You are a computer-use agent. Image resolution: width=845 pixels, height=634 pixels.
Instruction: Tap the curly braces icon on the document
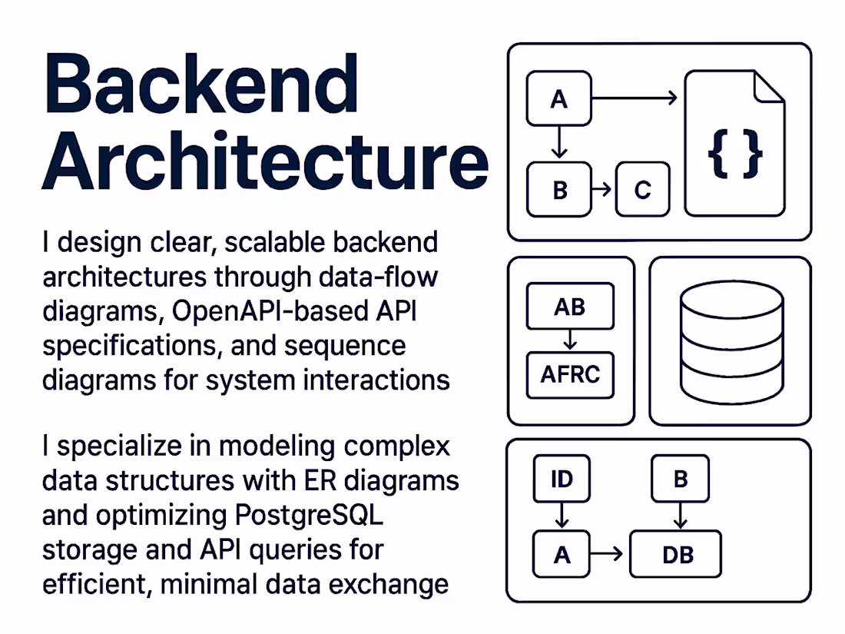(735, 154)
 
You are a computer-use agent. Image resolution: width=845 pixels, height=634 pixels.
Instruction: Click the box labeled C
(642, 190)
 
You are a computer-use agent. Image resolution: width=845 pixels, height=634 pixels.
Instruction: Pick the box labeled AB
(569, 307)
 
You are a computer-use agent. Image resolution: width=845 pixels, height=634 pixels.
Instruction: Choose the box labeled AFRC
(570, 375)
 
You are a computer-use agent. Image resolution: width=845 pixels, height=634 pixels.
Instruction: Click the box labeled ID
(562, 480)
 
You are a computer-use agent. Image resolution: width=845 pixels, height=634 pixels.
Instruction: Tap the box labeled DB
(675, 555)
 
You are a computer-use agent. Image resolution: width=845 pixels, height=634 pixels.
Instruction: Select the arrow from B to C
(603, 190)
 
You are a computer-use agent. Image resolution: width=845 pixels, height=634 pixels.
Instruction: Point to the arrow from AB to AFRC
(569, 340)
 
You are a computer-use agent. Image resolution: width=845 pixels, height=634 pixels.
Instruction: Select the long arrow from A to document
(634, 98)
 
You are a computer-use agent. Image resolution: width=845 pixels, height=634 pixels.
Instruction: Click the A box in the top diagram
(559, 98)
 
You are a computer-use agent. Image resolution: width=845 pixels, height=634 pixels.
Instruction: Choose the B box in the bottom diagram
(680, 480)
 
